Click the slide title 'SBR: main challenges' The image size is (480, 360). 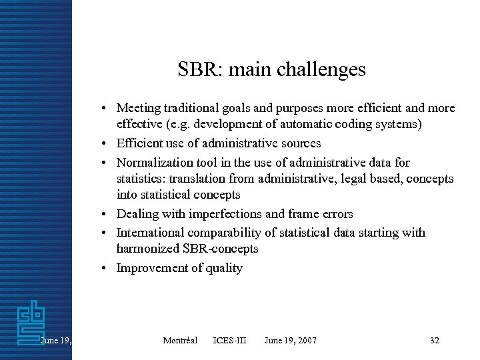(x=271, y=69)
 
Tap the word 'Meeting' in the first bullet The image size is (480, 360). (x=138, y=108)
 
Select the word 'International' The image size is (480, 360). (x=150, y=233)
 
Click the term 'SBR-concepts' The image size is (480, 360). (x=220, y=249)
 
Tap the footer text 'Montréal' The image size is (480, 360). (x=180, y=341)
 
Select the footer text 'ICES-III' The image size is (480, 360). (x=229, y=341)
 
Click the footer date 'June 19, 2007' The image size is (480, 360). (x=290, y=341)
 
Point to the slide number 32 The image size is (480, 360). (x=435, y=341)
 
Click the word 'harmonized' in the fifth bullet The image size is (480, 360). (x=147, y=249)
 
